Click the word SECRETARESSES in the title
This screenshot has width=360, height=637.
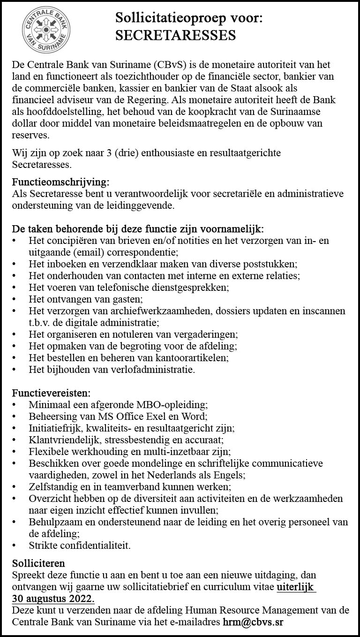176,36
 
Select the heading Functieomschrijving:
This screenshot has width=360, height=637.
61,182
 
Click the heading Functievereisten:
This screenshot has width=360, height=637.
51,392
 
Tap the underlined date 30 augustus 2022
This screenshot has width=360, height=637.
53,599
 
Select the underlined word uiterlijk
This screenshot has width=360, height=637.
296,587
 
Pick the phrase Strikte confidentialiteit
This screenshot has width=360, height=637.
80,546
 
